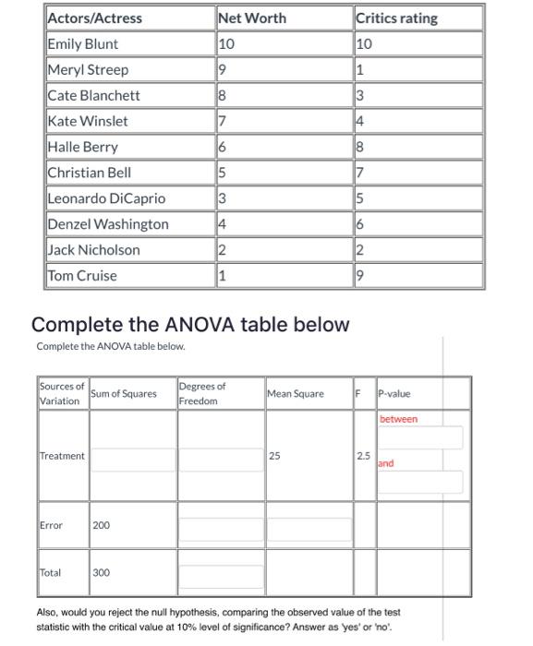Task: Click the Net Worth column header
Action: click(x=252, y=18)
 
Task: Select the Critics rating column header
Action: click(x=396, y=18)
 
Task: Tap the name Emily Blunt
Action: click(x=82, y=43)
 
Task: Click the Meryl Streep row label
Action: click(x=88, y=69)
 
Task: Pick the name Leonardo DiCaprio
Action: click(x=106, y=198)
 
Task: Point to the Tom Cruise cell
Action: click(x=82, y=275)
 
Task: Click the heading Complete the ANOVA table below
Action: click(x=190, y=325)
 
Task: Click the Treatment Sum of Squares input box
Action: click(x=132, y=457)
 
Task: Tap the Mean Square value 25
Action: click(x=274, y=456)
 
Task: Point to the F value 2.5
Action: click(x=364, y=456)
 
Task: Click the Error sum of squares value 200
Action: click(x=101, y=525)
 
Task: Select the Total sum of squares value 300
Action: click(x=101, y=573)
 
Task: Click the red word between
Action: click(x=398, y=419)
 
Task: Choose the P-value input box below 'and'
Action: click(x=419, y=482)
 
